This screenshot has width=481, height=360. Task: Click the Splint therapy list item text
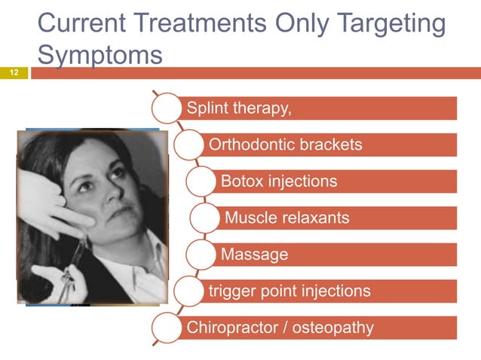tap(239, 108)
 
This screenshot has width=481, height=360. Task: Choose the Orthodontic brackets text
tap(285, 144)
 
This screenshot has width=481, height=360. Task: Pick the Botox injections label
tap(279, 181)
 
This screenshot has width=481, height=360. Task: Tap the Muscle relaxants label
tap(287, 218)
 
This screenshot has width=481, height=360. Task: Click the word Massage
tap(254, 255)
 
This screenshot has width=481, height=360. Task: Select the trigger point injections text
tap(290, 291)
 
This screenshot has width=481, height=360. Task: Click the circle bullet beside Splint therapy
tap(167, 108)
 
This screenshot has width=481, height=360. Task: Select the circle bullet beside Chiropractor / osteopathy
tap(167, 328)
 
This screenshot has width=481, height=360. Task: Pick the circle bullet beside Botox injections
tap(201, 182)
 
